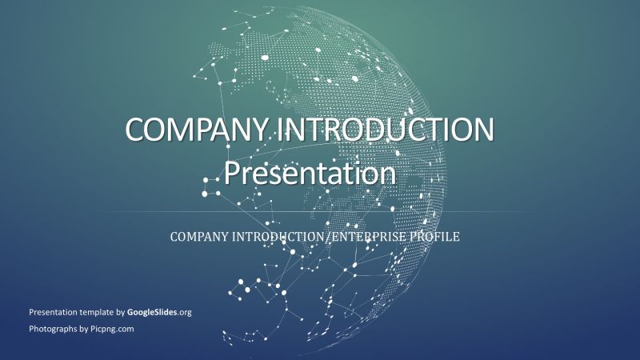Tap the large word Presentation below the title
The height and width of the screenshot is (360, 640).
(310, 172)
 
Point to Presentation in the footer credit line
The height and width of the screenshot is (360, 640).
(52, 312)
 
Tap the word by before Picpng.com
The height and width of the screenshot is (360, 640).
(84, 329)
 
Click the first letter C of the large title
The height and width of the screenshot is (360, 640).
(136, 130)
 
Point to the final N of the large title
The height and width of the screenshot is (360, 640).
(482, 130)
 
